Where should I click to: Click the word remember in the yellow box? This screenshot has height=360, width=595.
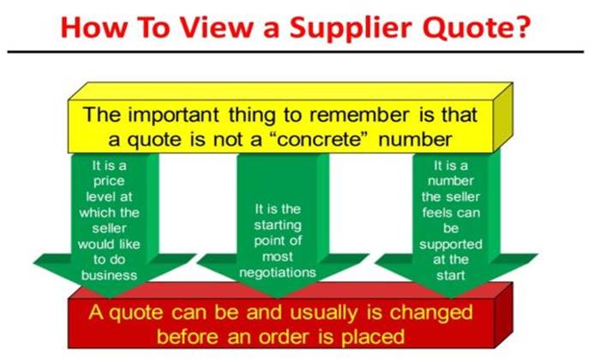point(359,115)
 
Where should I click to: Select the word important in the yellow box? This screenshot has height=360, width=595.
point(173,116)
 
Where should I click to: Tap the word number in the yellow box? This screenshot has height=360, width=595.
point(415,139)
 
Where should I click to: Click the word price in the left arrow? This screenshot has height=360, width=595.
point(109,182)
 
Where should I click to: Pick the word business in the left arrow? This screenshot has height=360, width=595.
point(109,274)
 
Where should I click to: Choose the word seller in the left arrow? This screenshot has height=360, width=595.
point(109,228)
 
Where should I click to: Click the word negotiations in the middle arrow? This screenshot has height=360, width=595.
point(278,273)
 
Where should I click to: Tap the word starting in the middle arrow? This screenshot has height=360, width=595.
point(278,225)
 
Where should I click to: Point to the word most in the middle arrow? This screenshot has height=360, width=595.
point(278,257)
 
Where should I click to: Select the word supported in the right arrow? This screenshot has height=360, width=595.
point(451,244)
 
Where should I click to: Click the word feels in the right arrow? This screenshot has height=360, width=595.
point(437,213)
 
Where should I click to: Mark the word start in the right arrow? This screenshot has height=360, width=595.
point(451,275)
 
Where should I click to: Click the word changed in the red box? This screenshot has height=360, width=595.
point(431,314)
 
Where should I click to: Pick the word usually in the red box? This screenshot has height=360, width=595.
point(324,314)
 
